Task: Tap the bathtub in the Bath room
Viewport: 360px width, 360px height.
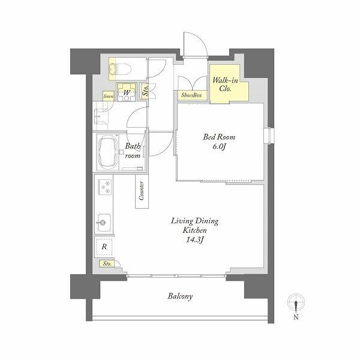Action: tap(107, 152)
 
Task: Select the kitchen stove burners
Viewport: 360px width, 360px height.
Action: tap(105, 187)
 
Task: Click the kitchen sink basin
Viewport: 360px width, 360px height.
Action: tap(104, 223)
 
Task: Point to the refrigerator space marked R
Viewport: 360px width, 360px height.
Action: tap(104, 247)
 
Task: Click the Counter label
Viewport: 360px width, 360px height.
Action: tap(142, 191)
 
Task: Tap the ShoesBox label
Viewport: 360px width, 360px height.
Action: tap(191, 95)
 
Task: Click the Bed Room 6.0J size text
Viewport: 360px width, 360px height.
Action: tap(219, 146)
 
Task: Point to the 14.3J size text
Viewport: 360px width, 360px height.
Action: tap(195, 239)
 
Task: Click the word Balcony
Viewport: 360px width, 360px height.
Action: tap(180, 296)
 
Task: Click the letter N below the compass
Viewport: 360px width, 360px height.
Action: tap(296, 317)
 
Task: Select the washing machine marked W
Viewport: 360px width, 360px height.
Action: tap(127, 92)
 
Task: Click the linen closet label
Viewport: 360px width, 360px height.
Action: tap(108, 96)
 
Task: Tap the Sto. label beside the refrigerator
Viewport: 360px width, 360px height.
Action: tap(107, 263)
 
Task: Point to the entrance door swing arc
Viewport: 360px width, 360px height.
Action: tap(199, 38)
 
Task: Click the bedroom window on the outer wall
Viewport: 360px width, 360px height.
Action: tap(269, 136)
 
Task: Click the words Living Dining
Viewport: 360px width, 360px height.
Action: tap(194, 221)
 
